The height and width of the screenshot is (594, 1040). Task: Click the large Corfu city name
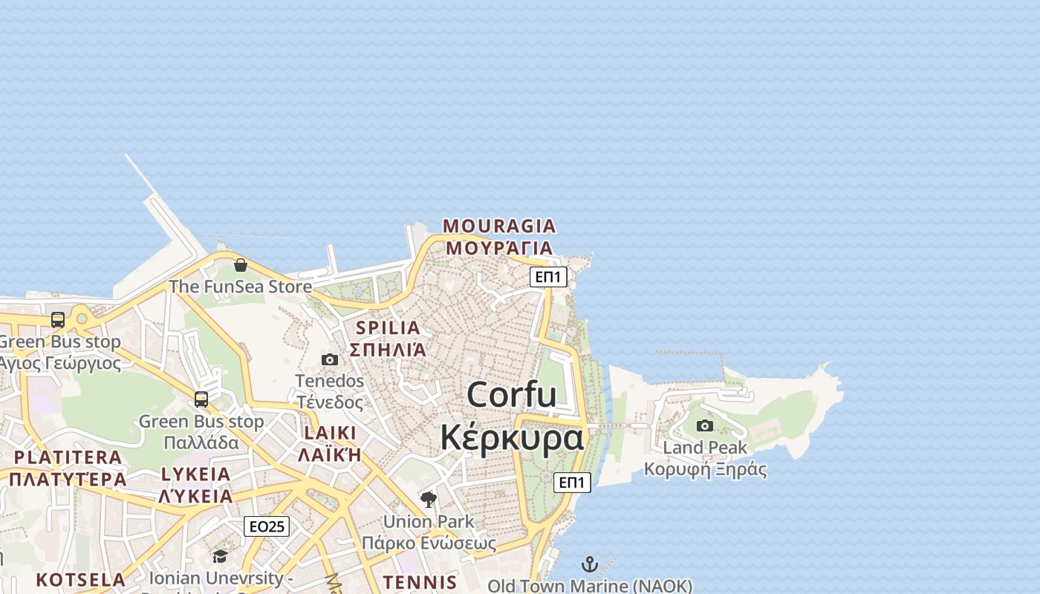coord(512,394)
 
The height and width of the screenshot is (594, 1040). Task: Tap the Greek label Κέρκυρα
coord(512,437)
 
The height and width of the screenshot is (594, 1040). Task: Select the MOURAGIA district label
coord(499,226)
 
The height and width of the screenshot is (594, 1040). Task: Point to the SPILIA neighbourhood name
coord(388,327)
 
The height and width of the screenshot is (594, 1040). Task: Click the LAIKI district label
coord(330,433)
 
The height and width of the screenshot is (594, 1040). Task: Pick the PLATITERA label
coord(68,457)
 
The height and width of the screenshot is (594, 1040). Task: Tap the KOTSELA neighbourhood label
coord(81,579)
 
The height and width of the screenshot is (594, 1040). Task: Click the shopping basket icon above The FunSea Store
coord(241,265)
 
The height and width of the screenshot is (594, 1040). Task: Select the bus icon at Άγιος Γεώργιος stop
coord(58,320)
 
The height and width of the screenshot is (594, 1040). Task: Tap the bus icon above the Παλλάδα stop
coord(201,399)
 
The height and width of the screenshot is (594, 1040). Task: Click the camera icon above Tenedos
coord(330,360)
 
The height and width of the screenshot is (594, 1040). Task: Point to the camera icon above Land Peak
coord(705,426)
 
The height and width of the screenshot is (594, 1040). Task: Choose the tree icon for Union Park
coord(428,500)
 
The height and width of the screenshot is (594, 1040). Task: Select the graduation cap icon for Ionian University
coord(220,557)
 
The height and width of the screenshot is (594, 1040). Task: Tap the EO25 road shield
coord(267,526)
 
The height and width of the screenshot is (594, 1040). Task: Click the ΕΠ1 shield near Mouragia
coord(549,277)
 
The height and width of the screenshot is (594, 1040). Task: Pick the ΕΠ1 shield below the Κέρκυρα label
coord(572,483)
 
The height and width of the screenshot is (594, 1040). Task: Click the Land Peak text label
coord(705,448)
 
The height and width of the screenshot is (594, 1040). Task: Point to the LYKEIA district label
coord(196,474)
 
